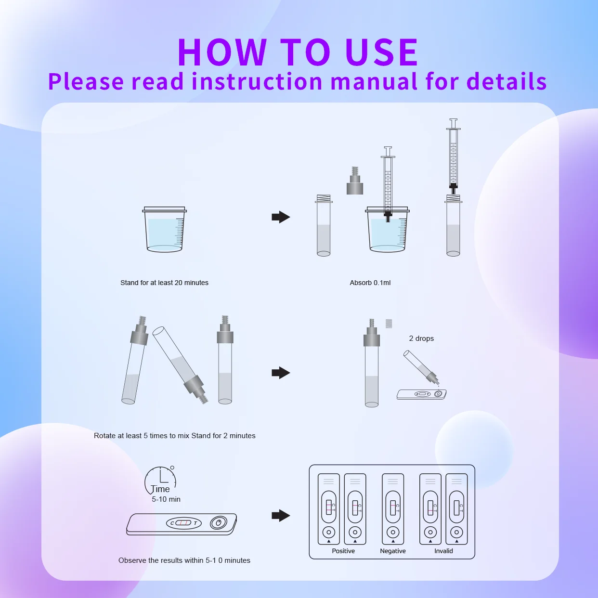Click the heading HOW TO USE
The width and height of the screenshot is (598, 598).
click(x=298, y=52)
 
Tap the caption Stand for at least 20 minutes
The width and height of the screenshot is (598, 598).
click(x=164, y=283)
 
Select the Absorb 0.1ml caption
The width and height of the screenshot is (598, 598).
click(x=370, y=283)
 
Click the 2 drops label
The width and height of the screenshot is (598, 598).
click(x=421, y=338)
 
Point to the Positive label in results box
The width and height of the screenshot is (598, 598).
click(x=343, y=551)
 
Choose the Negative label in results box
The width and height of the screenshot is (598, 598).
click(x=393, y=551)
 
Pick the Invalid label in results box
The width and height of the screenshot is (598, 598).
click(x=443, y=551)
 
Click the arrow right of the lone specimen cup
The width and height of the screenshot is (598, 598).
click(x=281, y=217)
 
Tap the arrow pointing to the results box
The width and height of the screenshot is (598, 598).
click(x=281, y=516)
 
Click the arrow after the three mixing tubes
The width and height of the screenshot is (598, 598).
click(x=281, y=373)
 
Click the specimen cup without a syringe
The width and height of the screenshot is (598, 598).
click(x=165, y=230)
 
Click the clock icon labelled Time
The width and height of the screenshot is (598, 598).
click(x=160, y=480)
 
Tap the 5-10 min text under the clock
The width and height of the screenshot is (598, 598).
click(x=166, y=499)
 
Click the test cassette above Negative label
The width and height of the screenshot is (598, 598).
click(x=393, y=508)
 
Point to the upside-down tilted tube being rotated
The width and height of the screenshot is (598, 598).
click(x=180, y=364)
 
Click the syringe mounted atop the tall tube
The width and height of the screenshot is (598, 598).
click(x=453, y=154)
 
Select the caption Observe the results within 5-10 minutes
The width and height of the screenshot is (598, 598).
click(x=184, y=560)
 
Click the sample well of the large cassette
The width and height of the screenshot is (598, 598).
click(x=218, y=523)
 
